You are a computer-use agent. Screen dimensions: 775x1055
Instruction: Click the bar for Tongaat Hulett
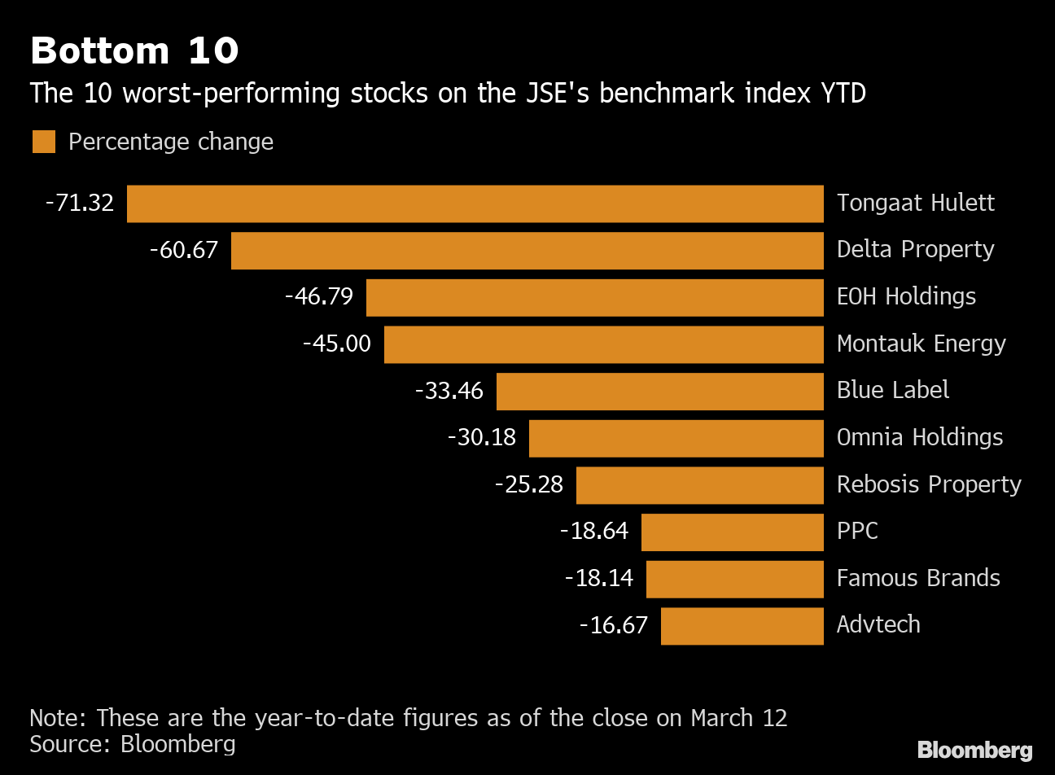[475, 204]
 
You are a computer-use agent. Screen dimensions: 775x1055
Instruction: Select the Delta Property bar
[527, 250]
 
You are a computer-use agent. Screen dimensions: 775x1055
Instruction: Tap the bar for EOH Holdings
[595, 297]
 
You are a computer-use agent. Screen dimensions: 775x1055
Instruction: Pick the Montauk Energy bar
[604, 344]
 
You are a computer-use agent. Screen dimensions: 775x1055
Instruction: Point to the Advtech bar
[742, 626]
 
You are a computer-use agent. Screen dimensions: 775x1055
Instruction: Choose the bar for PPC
[733, 532]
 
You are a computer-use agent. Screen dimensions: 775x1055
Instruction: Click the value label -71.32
[80, 203]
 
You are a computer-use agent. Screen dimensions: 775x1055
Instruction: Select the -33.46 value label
[449, 391]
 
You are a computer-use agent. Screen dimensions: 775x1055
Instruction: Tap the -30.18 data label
[482, 438]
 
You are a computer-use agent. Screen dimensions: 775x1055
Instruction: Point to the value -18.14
[599, 578]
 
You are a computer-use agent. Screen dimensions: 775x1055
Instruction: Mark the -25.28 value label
[529, 485]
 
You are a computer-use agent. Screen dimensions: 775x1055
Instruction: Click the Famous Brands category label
[918, 578]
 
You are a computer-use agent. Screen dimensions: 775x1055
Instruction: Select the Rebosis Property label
[929, 484]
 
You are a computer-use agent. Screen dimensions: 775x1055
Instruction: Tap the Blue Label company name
[893, 390]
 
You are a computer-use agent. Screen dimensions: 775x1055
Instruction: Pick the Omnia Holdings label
[920, 437]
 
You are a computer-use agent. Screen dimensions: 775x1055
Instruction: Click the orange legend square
[44, 142]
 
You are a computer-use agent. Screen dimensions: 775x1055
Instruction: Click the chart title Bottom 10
[134, 50]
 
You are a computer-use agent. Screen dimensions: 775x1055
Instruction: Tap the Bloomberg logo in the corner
[974, 750]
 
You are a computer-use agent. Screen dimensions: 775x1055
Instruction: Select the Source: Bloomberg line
[133, 744]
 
